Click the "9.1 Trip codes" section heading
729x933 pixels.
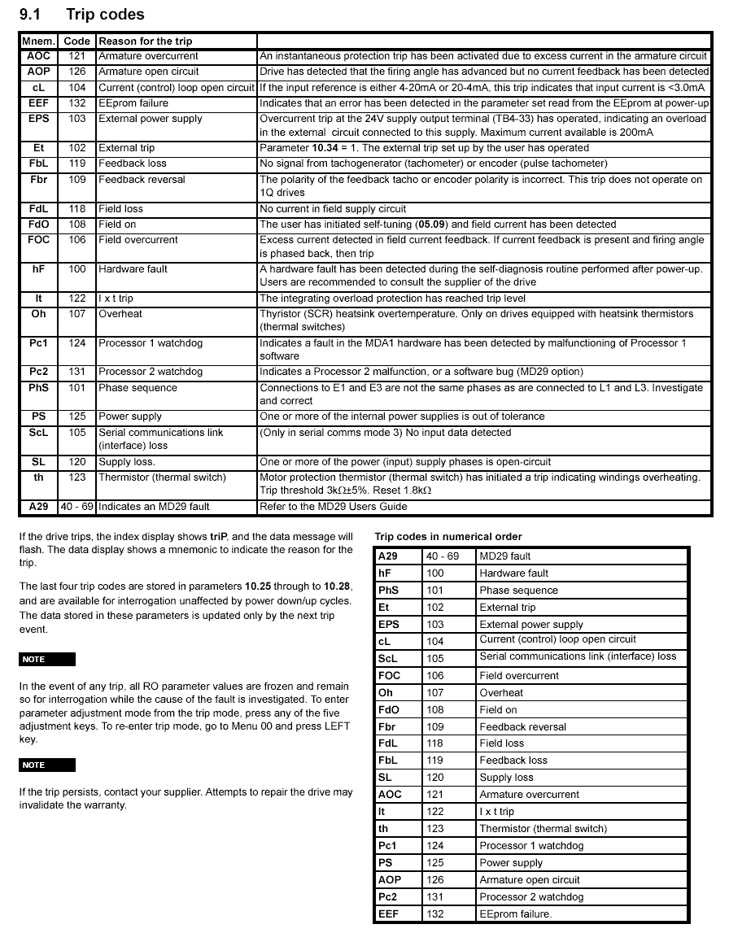click(81, 14)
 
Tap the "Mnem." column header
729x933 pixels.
click(37, 41)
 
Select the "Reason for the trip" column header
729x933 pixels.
click(146, 41)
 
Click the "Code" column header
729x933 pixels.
click(77, 41)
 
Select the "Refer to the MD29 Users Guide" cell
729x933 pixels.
click(333, 506)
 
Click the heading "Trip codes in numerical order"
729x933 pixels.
click(448, 536)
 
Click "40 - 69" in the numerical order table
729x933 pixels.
click(443, 556)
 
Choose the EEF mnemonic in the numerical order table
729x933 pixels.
click(389, 914)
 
